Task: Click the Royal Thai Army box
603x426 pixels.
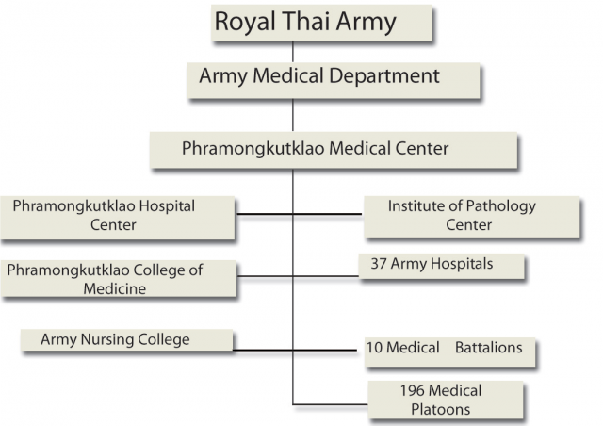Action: coord(322,23)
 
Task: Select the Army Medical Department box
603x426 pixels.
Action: coord(334,80)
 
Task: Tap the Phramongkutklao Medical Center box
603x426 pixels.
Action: coord(334,150)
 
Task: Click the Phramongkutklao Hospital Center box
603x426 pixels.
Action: coord(118,218)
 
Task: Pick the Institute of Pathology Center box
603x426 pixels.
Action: coord(472,217)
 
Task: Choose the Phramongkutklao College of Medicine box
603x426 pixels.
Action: coord(119,279)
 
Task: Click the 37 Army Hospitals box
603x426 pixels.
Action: coord(442,266)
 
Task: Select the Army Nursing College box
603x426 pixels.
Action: coord(127,340)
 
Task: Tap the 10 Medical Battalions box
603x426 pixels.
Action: coord(449,352)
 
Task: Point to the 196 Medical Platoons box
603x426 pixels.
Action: coord(446,400)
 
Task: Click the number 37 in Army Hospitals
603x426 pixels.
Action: coord(379,264)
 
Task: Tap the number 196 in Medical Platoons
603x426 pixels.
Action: coord(413,390)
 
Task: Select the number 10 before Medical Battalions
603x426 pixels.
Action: coord(374,348)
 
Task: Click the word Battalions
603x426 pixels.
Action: coord(488,348)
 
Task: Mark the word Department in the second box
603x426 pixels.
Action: coord(384,76)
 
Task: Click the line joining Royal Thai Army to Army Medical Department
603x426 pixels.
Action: coord(293,52)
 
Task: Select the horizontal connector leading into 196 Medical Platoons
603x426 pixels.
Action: coord(331,404)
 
